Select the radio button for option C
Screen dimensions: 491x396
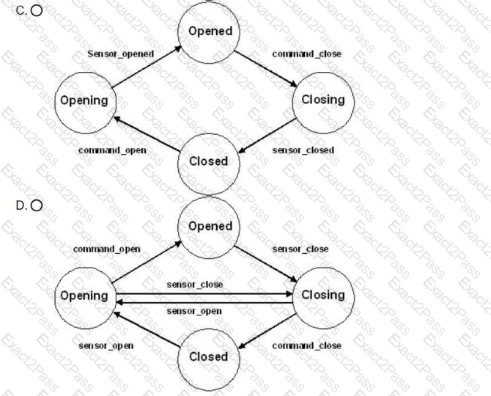click(x=37, y=11)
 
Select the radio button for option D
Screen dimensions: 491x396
click(x=37, y=205)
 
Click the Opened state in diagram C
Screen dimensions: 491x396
click(x=209, y=32)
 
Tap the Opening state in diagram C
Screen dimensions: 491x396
click(x=86, y=103)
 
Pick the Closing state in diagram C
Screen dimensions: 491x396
click(x=323, y=103)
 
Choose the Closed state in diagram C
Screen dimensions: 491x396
click(x=209, y=164)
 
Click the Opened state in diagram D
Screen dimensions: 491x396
click(x=209, y=228)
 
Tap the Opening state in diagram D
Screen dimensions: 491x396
click(x=86, y=298)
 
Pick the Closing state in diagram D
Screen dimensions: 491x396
click(x=323, y=298)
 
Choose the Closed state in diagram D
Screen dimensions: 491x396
click(x=209, y=359)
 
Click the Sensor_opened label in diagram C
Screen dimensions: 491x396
click(x=121, y=54)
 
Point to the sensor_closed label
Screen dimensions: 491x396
click(x=303, y=150)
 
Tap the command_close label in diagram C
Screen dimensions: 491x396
click(x=306, y=54)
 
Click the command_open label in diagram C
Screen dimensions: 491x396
click(x=112, y=150)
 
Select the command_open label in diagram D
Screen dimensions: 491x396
click(x=107, y=249)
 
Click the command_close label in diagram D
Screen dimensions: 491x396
click(x=306, y=345)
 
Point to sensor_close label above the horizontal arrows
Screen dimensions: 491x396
click(x=195, y=285)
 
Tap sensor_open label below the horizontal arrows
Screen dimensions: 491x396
click(x=194, y=311)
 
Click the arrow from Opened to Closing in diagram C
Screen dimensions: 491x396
click(x=265, y=69)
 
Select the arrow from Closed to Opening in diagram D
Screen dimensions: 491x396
click(x=147, y=329)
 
